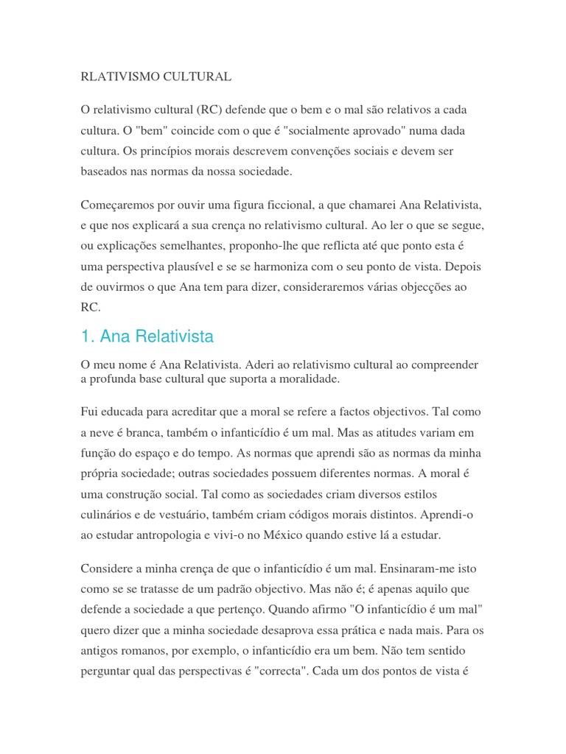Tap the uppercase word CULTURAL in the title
click(x=195, y=77)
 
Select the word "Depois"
click(x=464, y=266)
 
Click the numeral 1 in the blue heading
click(x=85, y=337)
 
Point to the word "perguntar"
click(x=107, y=671)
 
